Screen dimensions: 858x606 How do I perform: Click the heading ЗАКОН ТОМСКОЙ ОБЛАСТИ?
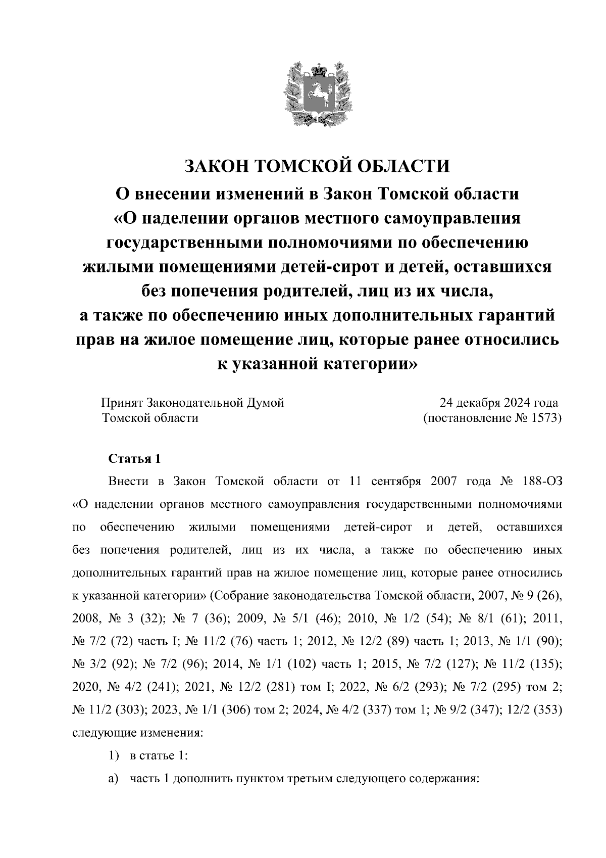[317, 166]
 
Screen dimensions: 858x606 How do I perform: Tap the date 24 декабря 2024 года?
[498, 403]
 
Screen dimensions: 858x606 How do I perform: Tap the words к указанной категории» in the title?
[317, 363]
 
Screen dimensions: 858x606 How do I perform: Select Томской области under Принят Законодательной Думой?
[149, 418]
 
